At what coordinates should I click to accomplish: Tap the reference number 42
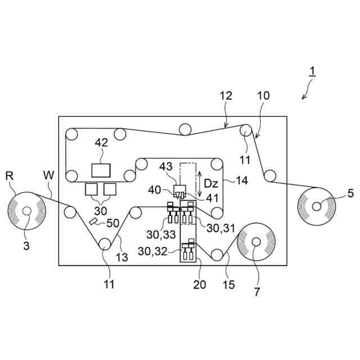click(101, 143)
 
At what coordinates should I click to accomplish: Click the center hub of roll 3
click(26, 211)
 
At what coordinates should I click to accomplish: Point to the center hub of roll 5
click(317, 206)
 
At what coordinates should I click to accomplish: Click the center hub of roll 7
click(256, 242)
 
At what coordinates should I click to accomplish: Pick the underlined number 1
click(313, 73)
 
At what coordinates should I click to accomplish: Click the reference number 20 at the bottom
click(199, 284)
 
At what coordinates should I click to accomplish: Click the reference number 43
click(166, 167)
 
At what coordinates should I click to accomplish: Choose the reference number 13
click(121, 257)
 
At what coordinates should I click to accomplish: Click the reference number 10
click(263, 96)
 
